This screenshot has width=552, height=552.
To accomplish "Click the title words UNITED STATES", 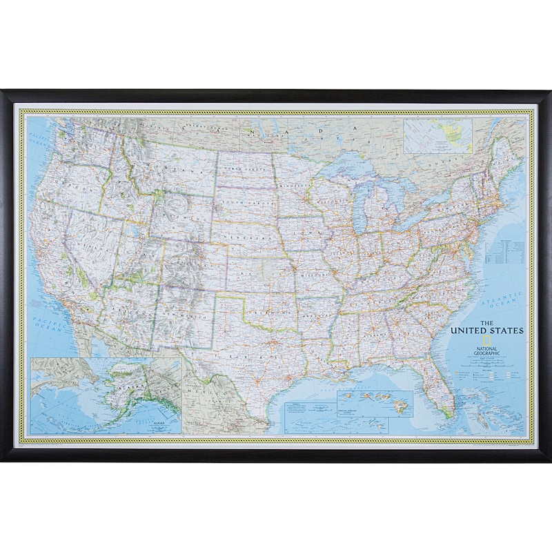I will pos(487,330).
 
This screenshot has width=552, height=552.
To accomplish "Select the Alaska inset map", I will pos(106,395).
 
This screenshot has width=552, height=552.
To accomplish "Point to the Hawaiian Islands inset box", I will pos(374,403).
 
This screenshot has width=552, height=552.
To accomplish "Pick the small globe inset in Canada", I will pos(437,136).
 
